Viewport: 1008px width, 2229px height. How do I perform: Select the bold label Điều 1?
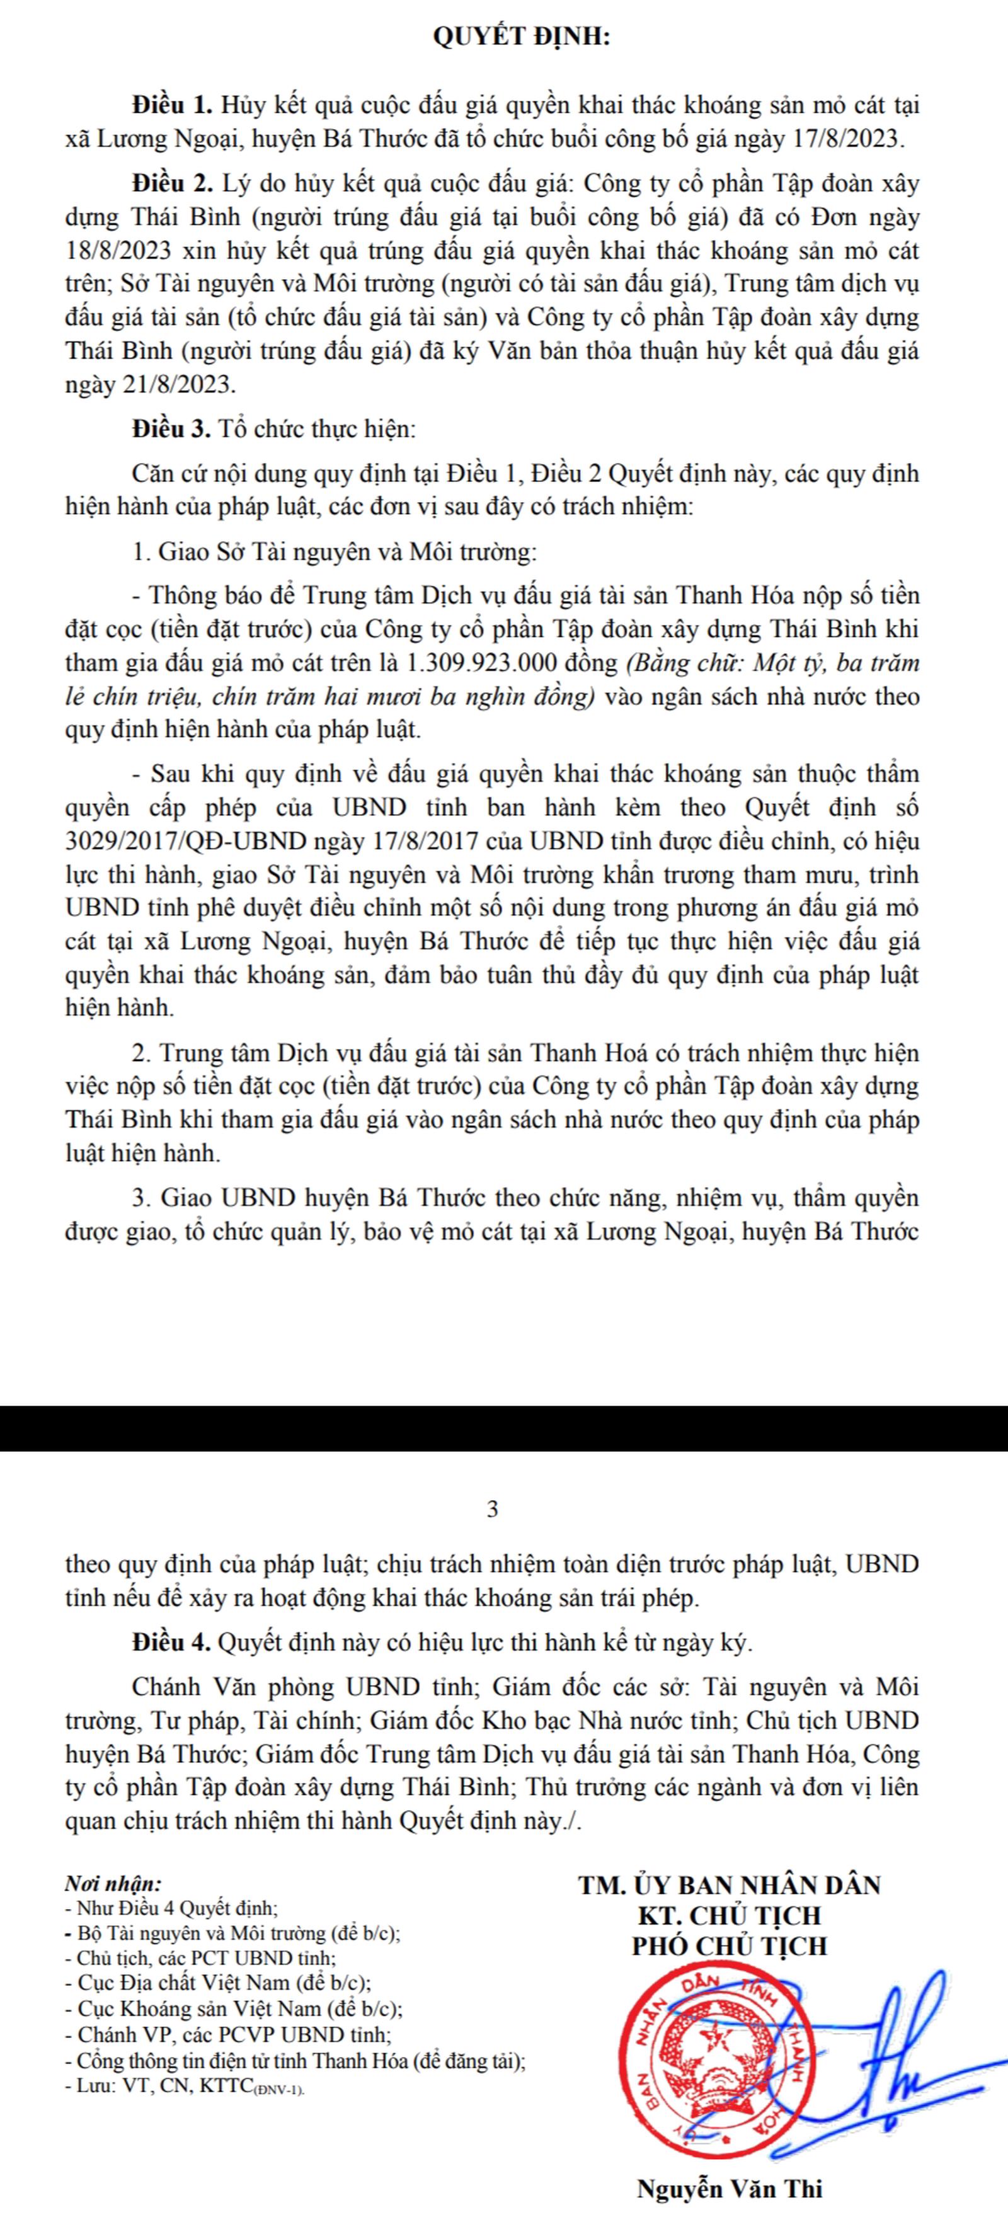pos(172,106)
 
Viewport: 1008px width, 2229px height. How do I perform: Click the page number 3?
pos(493,1510)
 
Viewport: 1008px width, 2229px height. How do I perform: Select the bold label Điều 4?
pos(172,1642)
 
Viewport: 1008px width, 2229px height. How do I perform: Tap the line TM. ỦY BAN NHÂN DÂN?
pos(730,1884)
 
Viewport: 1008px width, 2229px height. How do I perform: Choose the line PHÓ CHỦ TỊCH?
pos(730,1947)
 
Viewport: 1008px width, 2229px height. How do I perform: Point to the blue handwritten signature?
pos(900,2051)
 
